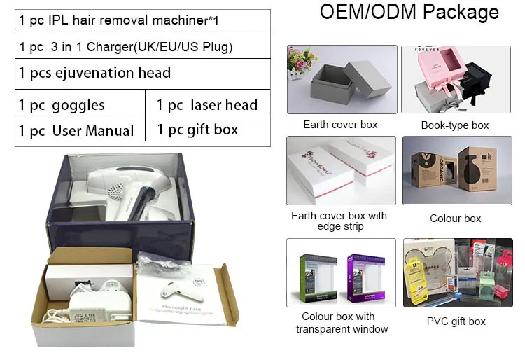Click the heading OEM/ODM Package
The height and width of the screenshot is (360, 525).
409,12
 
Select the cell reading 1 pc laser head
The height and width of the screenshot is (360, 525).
206,105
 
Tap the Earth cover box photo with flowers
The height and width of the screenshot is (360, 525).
342,79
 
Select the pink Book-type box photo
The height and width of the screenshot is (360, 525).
455,79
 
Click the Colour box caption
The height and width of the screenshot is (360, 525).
456,219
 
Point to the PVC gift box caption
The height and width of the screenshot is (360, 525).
456,321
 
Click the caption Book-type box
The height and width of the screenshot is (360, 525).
455,125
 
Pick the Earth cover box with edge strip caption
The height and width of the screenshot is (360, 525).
339,221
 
